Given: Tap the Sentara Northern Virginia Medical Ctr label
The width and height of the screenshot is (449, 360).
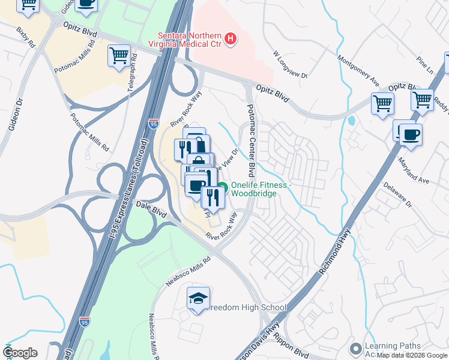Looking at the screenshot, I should tap(190, 40).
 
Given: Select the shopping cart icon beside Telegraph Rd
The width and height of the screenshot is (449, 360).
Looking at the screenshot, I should tap(119, 56).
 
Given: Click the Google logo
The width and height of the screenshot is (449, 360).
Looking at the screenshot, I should tap(20, 353).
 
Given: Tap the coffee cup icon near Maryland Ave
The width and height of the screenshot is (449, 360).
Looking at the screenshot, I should tap(411, 134).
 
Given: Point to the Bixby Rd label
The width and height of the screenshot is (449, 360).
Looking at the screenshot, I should tap(25, 37).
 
